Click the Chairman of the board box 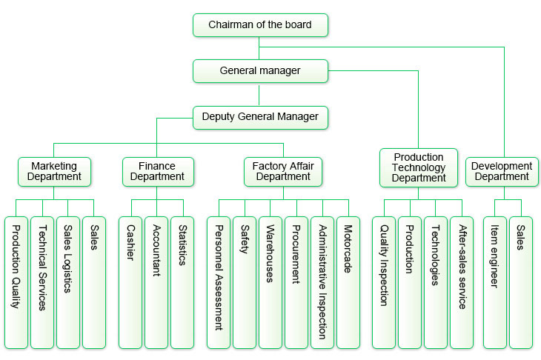[x=260, y=24]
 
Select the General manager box [x=260, y=71]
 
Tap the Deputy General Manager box [x=260, y=117]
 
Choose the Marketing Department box [x=55, y=171]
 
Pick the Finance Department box [x=157, y=171]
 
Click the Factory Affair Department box [x=283, y=171]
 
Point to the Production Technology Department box [x=419, y=167]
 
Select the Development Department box [x=502, y=171]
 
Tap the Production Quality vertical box [x=16, y=282]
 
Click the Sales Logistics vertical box [x=67, y=282]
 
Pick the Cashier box [x=130, y=282]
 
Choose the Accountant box [x=156, y=282]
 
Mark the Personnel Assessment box [x=219, y=282]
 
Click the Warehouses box [x=270, y=282]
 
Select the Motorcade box [x=348, y=282]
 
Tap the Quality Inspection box [x=383, y=282]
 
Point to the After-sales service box [x=462, y=282]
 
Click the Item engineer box [x=494, y=282]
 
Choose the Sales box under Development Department [x=520, y=282]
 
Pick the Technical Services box [x=42, y=282]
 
